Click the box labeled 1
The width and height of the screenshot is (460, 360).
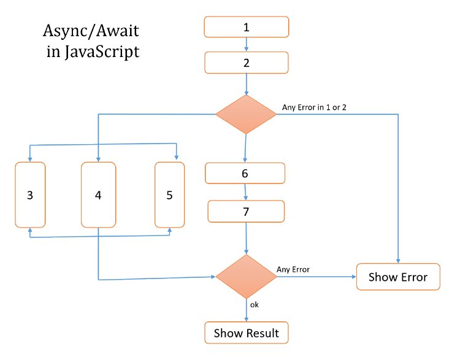[x=246, y=27]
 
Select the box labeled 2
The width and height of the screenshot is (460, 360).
[x=246, y=63]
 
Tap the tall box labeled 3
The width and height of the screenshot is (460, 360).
[x=30, y=195]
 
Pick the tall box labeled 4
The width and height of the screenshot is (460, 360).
[x=98, y=195]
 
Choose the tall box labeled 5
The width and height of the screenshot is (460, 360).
[x=169, y=195]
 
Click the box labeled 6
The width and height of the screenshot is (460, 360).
[x=245, y=174]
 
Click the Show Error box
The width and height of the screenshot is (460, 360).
[x=399, y=277]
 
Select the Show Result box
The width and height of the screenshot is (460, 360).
[x=246, y=334]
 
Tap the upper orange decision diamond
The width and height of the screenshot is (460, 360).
[x=246, y=114]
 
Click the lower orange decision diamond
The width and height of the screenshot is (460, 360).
[x=246, y=277]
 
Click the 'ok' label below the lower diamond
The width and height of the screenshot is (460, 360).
[x=255, y=304]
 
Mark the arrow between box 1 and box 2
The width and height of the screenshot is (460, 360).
[x=246, y=45]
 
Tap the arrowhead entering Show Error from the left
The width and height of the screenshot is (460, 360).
[x=353, y=277]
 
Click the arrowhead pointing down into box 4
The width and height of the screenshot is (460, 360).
[x=98, y=158]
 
